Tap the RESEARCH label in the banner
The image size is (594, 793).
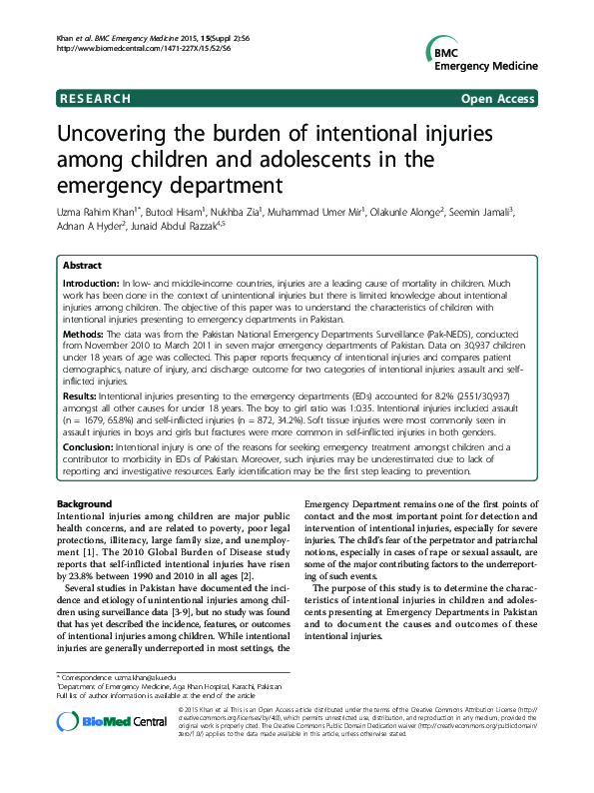tap(95, 99)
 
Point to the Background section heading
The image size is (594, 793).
tap(85, 502)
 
